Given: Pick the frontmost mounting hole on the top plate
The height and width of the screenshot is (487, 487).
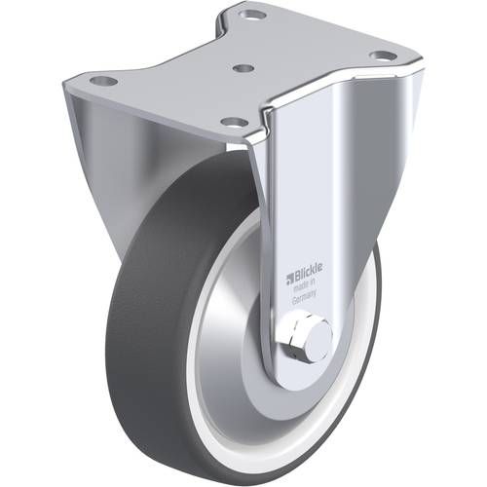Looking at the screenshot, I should click(x=232, y=122).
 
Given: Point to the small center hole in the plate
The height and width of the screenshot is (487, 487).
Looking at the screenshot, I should click(x=245, y=69).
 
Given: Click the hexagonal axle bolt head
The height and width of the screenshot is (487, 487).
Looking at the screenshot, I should click(x=296, y=338).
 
